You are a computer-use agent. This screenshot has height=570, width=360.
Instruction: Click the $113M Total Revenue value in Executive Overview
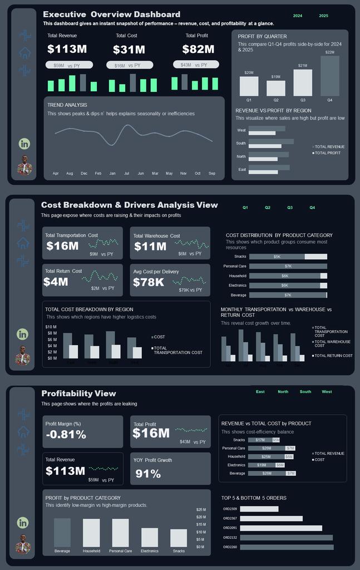67,50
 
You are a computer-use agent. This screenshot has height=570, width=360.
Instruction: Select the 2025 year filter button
323,16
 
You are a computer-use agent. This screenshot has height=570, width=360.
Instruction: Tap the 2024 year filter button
298,16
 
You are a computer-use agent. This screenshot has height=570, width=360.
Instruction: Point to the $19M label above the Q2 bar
276,77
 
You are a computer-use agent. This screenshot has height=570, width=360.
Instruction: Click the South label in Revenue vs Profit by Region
241,144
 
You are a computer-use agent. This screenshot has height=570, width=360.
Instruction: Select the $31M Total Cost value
129,50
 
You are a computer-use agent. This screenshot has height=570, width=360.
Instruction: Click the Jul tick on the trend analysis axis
126,174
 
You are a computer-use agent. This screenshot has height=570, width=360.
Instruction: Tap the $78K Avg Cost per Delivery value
149,282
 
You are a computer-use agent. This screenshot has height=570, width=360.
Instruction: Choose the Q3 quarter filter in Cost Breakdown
290,208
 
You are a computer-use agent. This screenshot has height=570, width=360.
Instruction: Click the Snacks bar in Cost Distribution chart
288,257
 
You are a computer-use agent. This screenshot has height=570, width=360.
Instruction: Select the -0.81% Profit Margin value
66,435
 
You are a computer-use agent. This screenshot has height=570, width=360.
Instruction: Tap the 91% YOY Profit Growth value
148,474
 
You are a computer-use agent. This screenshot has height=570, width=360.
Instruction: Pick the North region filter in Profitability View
283,392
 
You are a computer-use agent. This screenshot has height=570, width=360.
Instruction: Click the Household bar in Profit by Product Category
91,533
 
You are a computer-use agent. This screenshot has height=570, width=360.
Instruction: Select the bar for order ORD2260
287,547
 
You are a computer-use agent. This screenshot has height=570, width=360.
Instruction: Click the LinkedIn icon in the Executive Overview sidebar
24,144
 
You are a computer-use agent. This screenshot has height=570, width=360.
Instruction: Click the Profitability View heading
78,394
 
